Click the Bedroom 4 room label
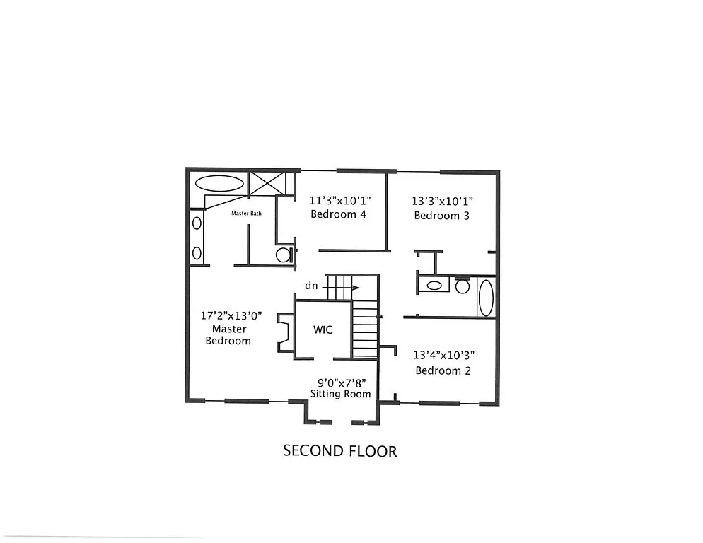338,215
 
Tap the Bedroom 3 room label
441,216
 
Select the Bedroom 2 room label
443,370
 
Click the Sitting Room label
341,394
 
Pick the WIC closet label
323,330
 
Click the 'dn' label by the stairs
310,286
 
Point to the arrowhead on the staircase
356,287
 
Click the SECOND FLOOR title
339,450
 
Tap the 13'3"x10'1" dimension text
441,201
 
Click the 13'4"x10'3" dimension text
443,356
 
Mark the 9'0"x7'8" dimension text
341,382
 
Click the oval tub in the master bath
219,183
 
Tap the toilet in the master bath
284,255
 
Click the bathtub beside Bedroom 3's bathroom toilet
486,298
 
